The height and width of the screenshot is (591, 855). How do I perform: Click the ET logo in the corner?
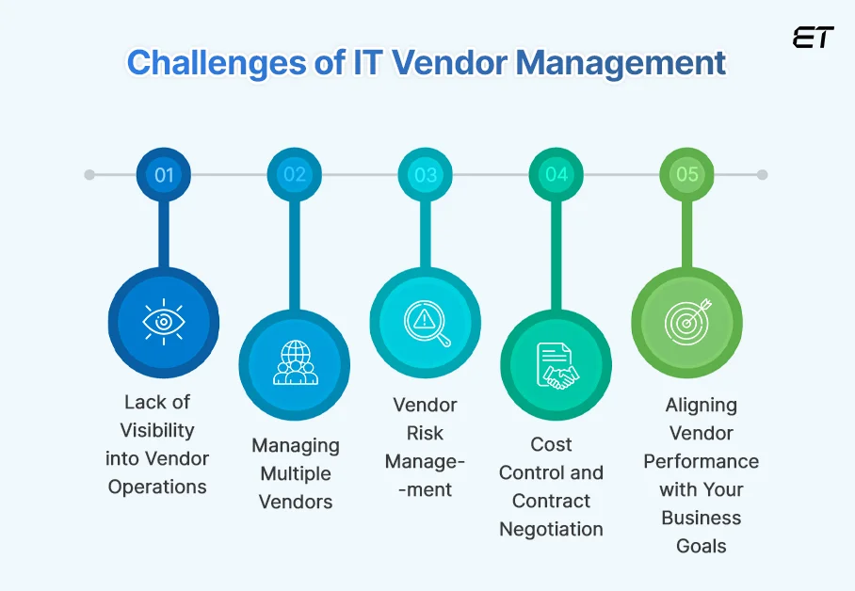[x=813, y=38]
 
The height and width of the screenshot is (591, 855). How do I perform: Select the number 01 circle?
[x=164, y=175]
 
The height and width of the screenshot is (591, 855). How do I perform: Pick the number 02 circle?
[x=295, y=175]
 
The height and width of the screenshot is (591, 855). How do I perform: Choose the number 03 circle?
[x=426, y=175]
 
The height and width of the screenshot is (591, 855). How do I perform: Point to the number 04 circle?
[x=557, y=175]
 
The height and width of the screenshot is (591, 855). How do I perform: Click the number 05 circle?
[x=687, y=175]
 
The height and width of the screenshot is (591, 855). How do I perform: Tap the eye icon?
[x=164, y=322]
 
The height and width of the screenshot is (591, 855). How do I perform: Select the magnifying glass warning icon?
[x=426, y=322]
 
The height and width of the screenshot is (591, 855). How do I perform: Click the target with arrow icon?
[x=687, y=322]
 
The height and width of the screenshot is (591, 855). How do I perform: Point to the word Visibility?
[x=157, y=430]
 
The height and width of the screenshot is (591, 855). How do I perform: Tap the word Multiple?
[x=295, y=473]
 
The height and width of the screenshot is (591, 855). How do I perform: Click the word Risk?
[x=426, y=433]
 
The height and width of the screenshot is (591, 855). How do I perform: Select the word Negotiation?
[x=551, y=529]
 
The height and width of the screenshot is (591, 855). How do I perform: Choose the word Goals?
[x=702, y=546]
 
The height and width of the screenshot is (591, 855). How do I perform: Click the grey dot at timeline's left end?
[x=89, y=175]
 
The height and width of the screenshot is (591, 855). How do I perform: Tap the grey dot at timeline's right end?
[x=762, y=175]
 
